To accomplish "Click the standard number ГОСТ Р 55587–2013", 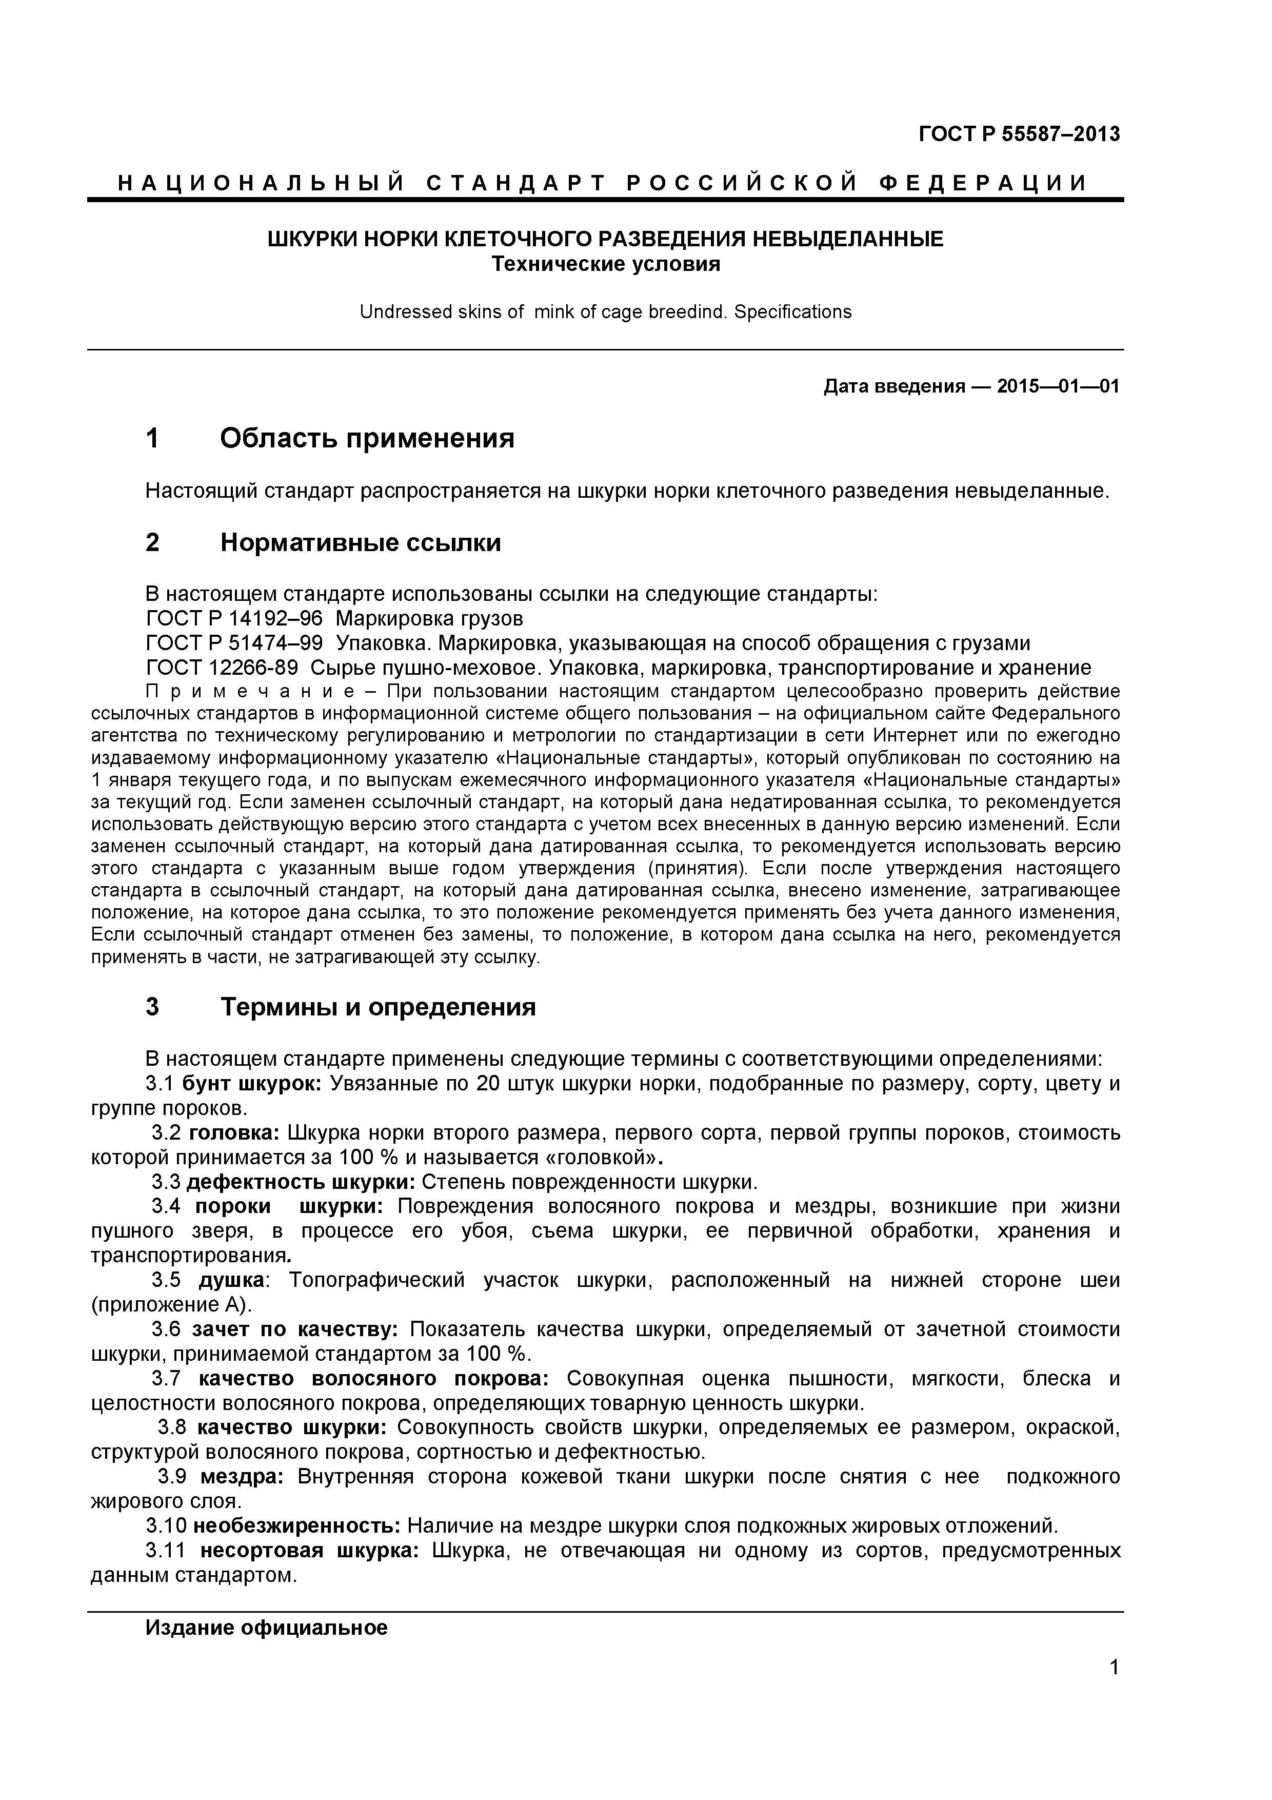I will coord(1019,135).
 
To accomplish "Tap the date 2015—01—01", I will coord(1058,386).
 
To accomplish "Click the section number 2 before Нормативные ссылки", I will coord(153,542).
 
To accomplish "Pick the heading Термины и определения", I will coord(378,1007).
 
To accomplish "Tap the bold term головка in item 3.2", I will coord(233,1133).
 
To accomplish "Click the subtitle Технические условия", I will coord(605,264).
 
